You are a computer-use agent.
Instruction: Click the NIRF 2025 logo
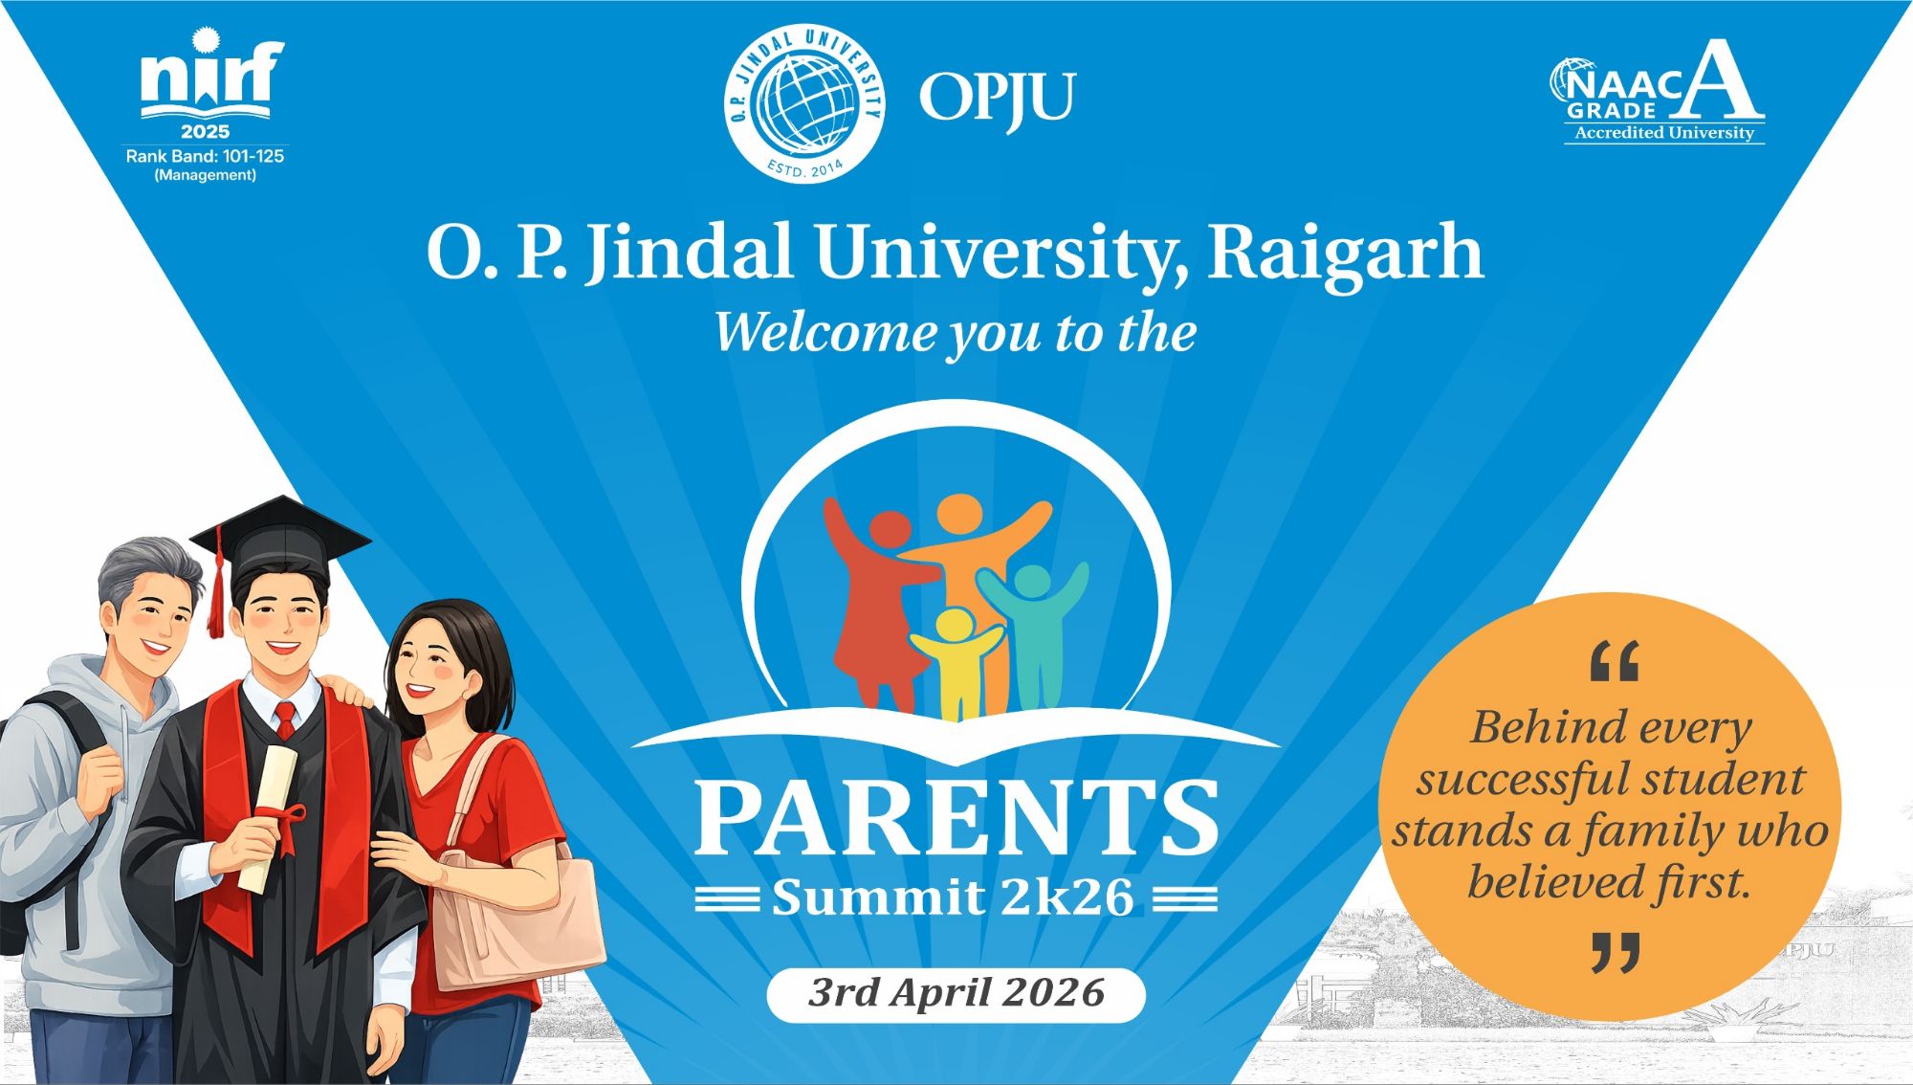pyautogui.click(x=206, y=104)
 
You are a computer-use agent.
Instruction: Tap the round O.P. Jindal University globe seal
pyautogui.click(x=804, y=103)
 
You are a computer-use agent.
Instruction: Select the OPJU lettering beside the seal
pyautogui.click(x=997, y=99)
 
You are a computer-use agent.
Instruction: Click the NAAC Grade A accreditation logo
pyautogui.click(x=1658, y=92)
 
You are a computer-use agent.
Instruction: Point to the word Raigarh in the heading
pyautogui.click(x=1346, y=253)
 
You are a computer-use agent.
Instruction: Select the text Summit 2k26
pyautogui.click(x=953, y=897)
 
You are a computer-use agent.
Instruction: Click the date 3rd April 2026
pyautogui.click(x=956, y=993)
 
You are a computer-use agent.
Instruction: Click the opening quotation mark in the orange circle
pyautogui.click(x=1614, y=661)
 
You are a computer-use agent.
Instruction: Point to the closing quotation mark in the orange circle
pyautogui.click(x=1616, y=952)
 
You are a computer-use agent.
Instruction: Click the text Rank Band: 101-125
pyautogui.click(x=205, y=156)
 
